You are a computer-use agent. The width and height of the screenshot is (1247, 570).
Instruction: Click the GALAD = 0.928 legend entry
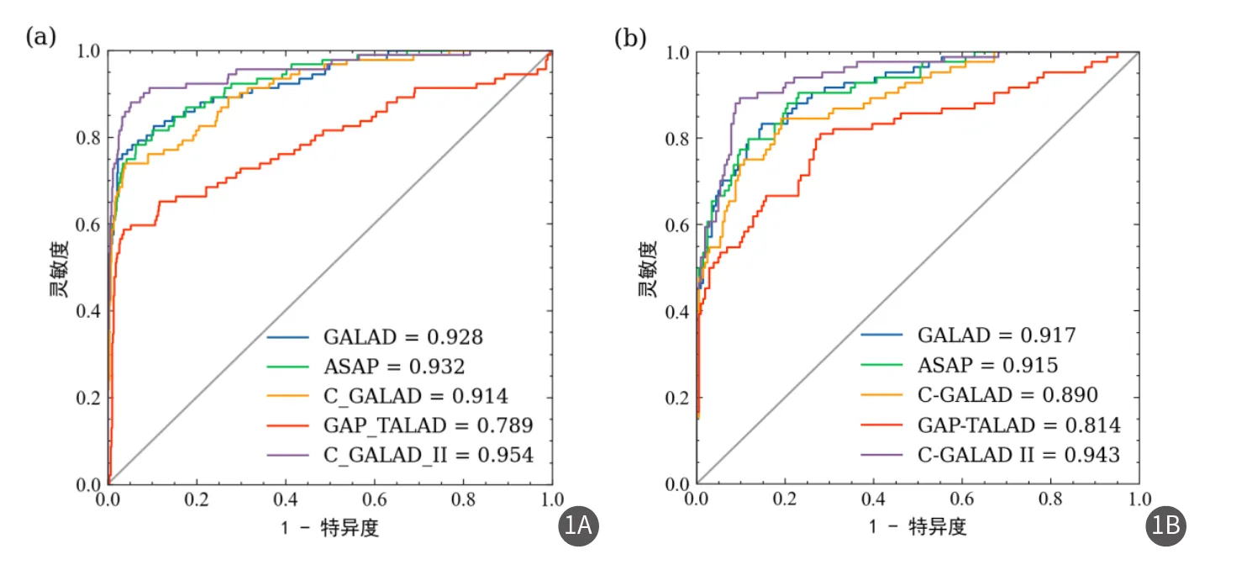tap(403, 338)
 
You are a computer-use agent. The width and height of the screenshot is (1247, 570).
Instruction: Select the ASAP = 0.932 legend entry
tap(393, 367)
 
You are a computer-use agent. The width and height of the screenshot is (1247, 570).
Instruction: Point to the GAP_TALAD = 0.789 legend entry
tap(428, 425)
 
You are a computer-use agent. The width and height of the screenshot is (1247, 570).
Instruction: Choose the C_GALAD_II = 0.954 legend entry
tap(428, 455)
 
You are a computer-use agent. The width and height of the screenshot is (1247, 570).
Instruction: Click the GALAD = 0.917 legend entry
tap(996, 335)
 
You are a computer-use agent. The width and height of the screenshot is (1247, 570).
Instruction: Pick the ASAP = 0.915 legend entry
tap(987, 365)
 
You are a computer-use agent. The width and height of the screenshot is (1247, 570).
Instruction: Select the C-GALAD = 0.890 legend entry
tap(1008, 394)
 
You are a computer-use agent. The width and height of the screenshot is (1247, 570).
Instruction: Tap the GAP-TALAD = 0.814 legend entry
tap(1018, 425)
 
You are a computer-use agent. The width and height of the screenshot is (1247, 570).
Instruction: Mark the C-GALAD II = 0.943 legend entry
tap(1018, 455)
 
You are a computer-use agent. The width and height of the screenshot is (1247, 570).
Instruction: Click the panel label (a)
tap(41, 37)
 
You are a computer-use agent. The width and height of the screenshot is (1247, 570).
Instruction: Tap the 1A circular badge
tap(579, 526)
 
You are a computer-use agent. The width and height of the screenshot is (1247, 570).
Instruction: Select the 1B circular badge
tap(1166, 526)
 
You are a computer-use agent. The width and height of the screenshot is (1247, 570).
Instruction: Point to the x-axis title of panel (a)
tap(329, 527)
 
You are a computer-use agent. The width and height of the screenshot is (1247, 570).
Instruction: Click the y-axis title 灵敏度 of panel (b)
tap(647, 269)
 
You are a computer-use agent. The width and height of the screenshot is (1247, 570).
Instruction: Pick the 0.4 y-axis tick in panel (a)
tap(88, 311)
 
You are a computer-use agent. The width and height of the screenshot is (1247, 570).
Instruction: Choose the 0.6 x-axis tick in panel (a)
tap(374, 499)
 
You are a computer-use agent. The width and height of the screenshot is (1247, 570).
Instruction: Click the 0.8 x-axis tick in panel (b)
tap(1050, 499)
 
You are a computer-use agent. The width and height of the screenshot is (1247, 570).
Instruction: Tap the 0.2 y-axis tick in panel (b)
tap(677, 398)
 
